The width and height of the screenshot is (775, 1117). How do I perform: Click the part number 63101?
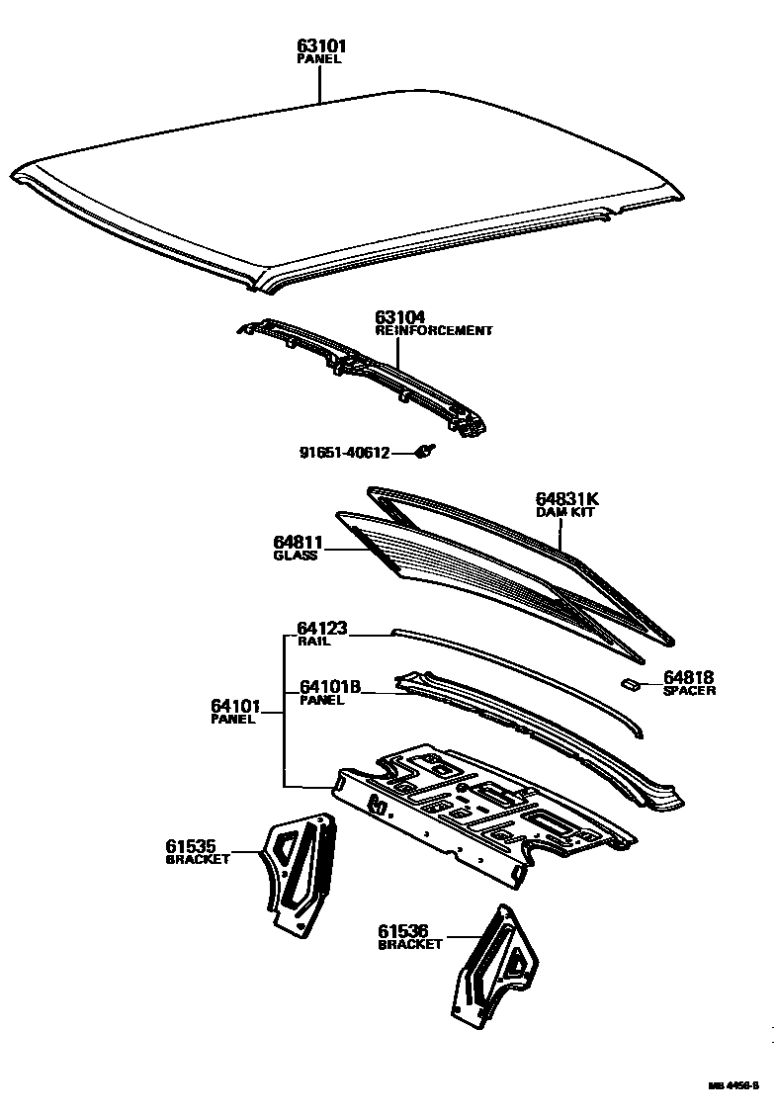(x=321, y=45)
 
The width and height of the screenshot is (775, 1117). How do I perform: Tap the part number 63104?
(x=399, y=317)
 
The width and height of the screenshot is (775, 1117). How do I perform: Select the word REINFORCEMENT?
(x=433, y=331)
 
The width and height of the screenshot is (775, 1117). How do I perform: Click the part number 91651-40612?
(x=344, y=453)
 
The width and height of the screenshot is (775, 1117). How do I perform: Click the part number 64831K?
(x=567, y=499)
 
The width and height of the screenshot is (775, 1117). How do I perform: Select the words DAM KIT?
(x=563, y=512)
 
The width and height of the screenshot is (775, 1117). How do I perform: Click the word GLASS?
(x=295, y=556)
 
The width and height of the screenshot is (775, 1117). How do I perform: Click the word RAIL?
(x=313, y=641)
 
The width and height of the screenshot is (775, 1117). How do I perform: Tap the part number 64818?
(x=688, y=677)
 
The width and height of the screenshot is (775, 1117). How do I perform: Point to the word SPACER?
(x=689, y=691)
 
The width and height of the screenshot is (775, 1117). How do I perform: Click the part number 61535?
(x=197, y=846)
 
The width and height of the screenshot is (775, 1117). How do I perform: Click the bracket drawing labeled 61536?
(x=494, y=964)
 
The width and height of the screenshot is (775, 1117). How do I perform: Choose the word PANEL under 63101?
(x=318, y=59)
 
